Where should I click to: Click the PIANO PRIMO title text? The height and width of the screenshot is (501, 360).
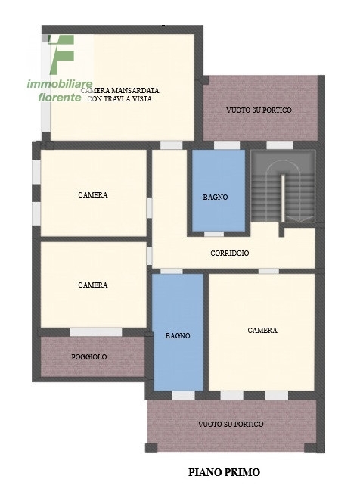coord(224,472)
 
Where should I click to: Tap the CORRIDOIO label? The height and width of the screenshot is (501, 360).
coord(230,253)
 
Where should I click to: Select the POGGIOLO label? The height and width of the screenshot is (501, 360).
coord(88,357)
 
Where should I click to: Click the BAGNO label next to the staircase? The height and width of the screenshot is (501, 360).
coord(216,197)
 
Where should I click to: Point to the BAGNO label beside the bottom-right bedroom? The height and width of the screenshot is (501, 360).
coord(178,335)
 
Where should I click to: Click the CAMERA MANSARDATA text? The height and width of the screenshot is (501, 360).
coord(120,90)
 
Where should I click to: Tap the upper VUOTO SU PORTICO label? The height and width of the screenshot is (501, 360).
coord(259,110)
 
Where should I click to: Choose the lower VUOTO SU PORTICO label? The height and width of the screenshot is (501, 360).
coord(231,425)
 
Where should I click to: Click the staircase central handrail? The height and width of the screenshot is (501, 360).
coord(283,198)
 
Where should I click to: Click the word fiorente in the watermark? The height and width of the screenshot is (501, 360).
coord(60,97)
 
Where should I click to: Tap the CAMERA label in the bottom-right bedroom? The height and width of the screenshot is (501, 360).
coord(262,331)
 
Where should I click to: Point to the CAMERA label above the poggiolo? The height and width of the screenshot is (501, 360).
coord(93,285)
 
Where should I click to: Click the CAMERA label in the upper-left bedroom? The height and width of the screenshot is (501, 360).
coord(93,194)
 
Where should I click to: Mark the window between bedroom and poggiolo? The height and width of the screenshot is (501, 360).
coord(96,332)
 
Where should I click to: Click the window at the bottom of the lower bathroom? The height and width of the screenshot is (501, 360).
coord(183,395)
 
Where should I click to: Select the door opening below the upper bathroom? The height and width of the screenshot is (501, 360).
coord(214,234)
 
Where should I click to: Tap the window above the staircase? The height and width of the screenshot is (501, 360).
coord(280,145)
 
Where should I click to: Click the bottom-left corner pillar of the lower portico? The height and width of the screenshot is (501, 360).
coord(151,447)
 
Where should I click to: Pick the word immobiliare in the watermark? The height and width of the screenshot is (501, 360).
coord(60,84)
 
